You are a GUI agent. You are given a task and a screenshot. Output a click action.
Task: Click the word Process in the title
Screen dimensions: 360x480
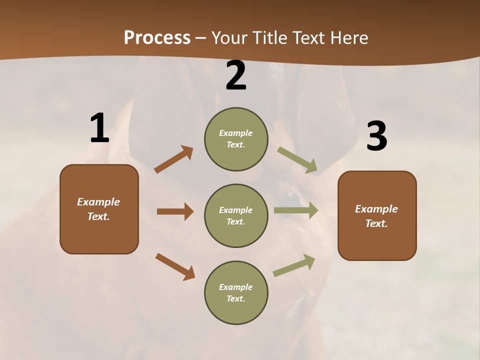pyautogui.click(x=157, y=38)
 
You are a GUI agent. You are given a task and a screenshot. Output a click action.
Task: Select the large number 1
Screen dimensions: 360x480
pyautogui.click(x=99, y=128)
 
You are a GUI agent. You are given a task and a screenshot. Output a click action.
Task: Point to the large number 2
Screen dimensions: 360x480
pyautogui.click(x=236, y=75)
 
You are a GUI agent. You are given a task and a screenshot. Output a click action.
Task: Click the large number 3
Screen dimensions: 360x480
pyautogui.click(x=377, y=136)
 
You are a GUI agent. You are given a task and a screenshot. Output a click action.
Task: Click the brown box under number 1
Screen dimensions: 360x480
pyautogui.click(x=99, y=209)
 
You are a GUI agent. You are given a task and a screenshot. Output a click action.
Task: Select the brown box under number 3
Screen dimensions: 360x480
pyautogui.click(x=377, y=215)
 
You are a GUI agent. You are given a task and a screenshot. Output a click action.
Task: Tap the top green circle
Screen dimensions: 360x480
pyautogui.click(x=236, y=139)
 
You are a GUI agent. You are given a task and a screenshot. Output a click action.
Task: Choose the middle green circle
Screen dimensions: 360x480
pyautogui.click(x=236, y=215)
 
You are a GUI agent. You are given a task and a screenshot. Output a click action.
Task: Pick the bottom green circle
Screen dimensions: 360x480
pyautogui.click(x=236, y=292)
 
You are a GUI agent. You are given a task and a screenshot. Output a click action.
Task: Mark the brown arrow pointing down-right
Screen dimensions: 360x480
pyautogui.click(x=175, y=266)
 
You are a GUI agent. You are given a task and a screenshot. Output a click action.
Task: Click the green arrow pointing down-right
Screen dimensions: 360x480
pyautogui.click(x=297, y=160)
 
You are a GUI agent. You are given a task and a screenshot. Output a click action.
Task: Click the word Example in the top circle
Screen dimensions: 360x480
pyautogui.click(x=235, y=133)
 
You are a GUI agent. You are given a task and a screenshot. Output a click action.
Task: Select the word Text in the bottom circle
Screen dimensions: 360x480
pyautogui.click(x=235, y=298)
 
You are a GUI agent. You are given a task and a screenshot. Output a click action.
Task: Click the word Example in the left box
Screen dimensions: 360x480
pyautogui.click(x=98, y=202)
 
